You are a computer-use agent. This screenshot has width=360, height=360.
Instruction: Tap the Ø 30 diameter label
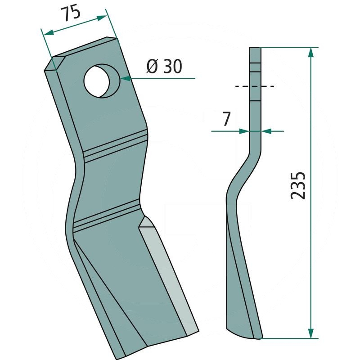click(x=164, y=66)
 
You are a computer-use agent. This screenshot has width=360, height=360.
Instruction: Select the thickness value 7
click(x=226, y=119)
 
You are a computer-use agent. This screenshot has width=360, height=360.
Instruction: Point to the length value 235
click(x=298, y=185)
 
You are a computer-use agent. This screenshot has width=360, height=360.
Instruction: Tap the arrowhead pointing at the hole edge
click(x=126, y=78)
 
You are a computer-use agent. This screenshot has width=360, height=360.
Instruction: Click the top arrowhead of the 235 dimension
click(x=310, y=52)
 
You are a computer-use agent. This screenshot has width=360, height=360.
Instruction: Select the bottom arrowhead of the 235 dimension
click(x=310, y=333)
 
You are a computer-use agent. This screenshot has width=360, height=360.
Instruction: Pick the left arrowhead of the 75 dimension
click(x=49, y=32)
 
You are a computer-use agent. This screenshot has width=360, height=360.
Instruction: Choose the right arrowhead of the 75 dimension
click(x=102, y=18)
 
